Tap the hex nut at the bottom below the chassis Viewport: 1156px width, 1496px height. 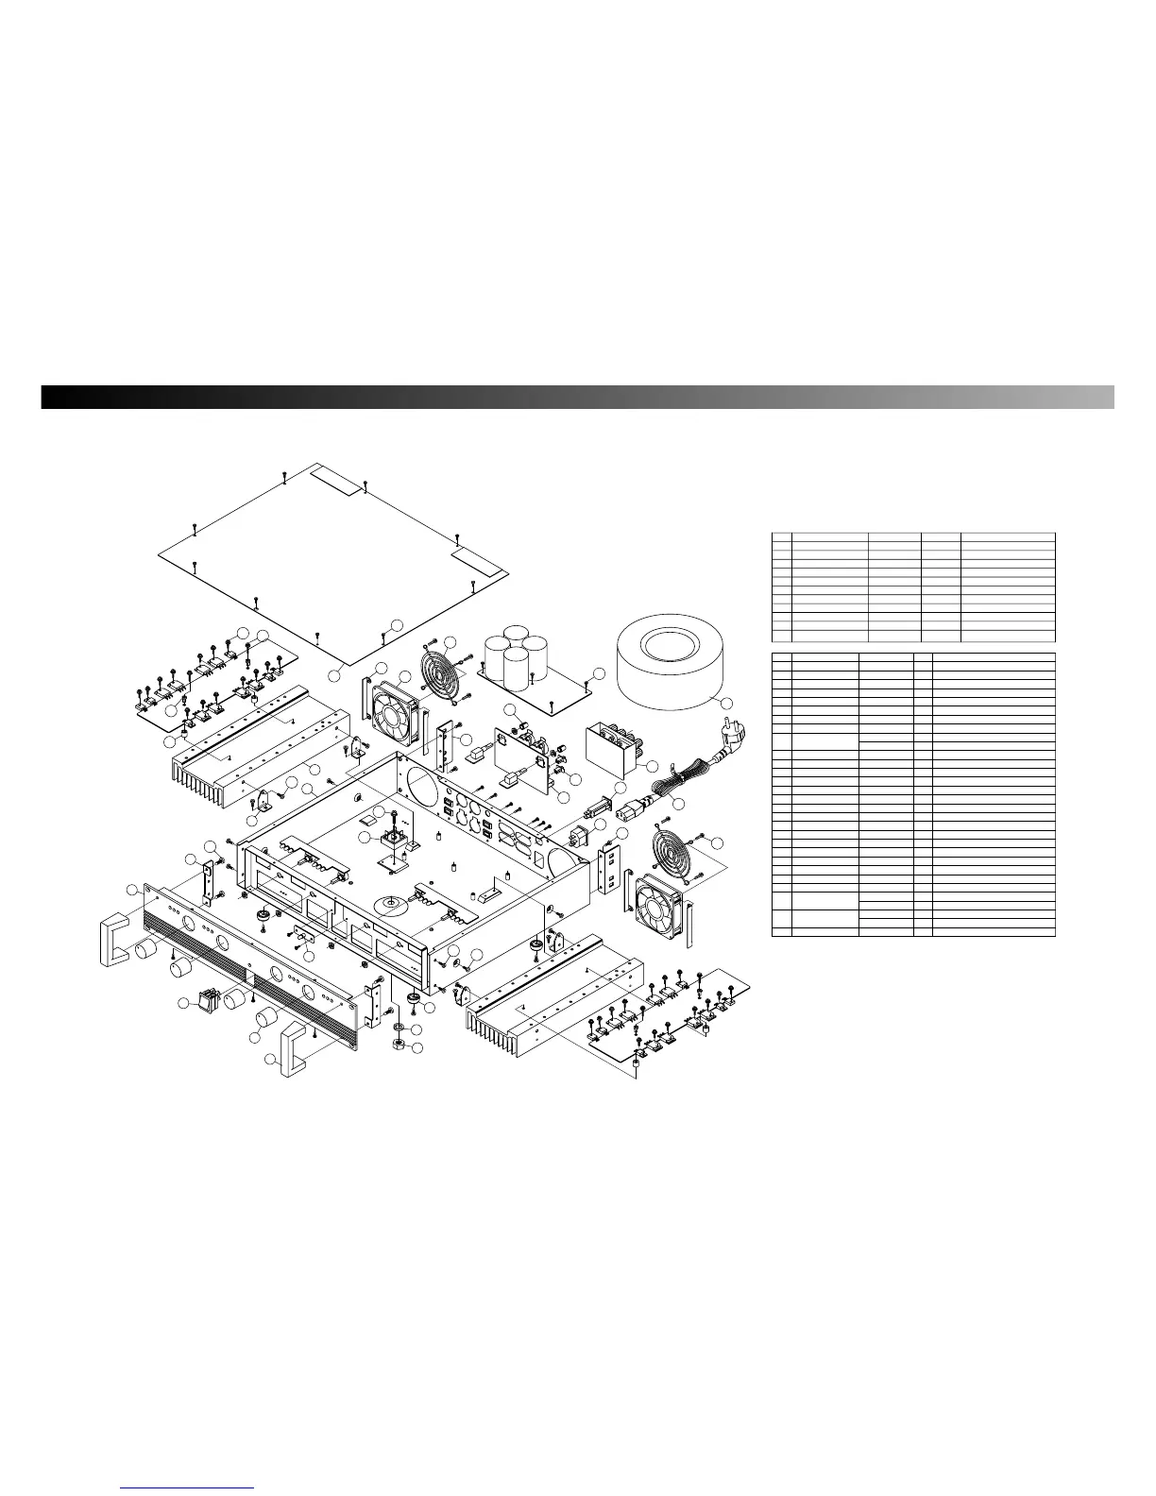pyautogui.click(x=399, y=1045)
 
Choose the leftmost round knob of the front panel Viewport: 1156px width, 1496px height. pyautogui.click(x=146, y=948)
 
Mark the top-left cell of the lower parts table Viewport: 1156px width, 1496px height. pyautogui.click(x=781, y=654)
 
